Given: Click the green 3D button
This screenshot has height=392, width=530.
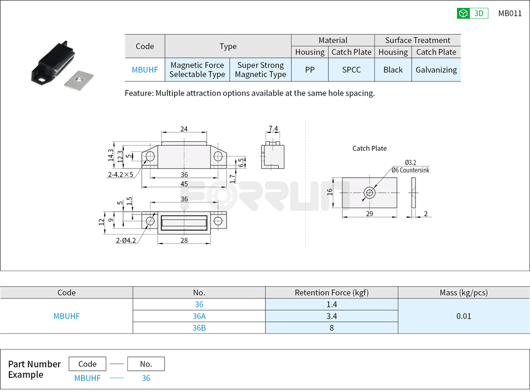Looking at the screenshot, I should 472,13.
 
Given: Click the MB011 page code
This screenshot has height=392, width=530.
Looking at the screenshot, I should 510,13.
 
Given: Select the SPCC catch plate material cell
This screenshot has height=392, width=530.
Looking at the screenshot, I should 351,70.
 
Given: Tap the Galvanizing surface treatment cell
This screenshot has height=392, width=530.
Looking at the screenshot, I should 436,70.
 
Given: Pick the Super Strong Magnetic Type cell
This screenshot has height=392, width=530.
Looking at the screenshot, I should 261,70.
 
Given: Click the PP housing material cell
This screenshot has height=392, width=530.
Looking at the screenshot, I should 310,70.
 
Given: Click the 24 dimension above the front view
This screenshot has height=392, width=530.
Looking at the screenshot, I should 184,129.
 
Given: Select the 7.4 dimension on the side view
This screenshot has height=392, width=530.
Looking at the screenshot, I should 273,128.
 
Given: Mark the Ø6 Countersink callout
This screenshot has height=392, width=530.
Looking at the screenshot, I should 410,170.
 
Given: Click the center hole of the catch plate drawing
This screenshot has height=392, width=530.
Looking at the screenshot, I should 369,193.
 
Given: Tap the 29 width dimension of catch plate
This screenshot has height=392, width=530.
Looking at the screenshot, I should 369,214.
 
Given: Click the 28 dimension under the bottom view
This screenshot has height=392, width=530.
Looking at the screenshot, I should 184,241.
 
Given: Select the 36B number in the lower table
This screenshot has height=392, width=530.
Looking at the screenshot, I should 199,328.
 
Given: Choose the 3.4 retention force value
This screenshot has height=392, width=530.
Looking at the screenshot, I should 331,316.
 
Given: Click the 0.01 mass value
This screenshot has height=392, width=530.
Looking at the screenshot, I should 464,316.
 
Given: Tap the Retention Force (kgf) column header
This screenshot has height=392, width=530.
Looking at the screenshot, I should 331,293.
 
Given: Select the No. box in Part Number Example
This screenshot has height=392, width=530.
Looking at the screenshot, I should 146,364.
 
